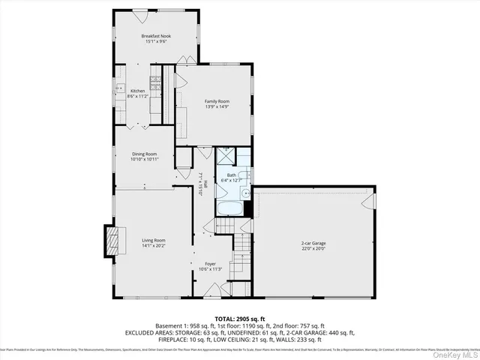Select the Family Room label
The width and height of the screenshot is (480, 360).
pos(217,100)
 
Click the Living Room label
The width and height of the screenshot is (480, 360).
pos(153,240)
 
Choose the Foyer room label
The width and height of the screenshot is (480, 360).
pos(210,264)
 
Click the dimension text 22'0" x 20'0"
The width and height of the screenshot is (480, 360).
pos(313,249)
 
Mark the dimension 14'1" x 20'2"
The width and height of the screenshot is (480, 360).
pos(153,245)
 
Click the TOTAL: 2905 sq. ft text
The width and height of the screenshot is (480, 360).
pos(239,319)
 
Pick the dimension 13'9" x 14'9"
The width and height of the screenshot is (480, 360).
pos(217,106)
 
